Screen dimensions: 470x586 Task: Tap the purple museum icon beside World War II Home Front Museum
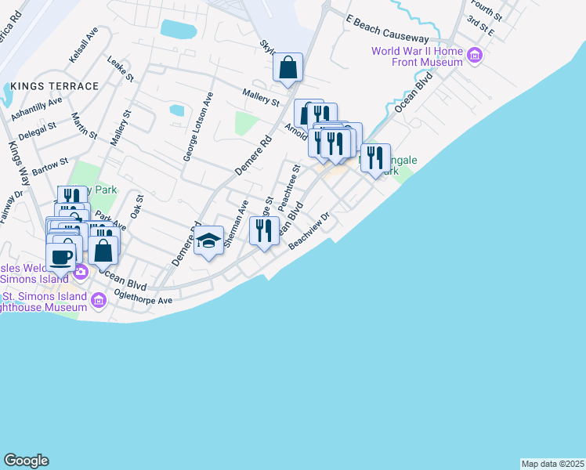[x=474, y=56]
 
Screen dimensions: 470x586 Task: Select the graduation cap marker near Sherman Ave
[x=209, y=241]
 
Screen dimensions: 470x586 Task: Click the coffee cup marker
[x=60, y=256]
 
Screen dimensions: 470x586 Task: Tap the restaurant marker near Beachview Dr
[x=264, y=230]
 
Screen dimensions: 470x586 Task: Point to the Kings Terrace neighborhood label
[x=55, y=86]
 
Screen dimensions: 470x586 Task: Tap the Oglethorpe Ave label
[x=143, y=299]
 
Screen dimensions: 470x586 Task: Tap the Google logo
[x=26, y=461]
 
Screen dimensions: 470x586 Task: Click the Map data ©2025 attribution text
[x=552, y=463]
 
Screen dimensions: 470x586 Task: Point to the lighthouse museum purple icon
[x=98, y=300]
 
